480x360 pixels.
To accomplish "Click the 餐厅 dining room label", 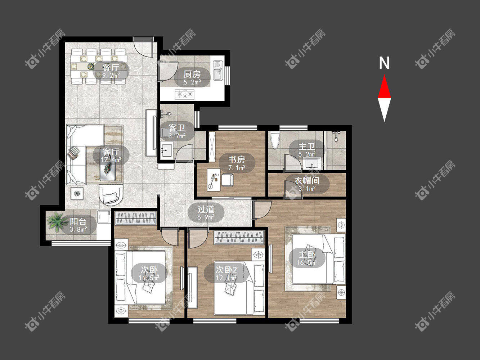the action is coord(111,68).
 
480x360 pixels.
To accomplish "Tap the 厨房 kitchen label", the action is coord(192,75).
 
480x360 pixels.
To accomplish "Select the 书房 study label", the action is coord(237,160).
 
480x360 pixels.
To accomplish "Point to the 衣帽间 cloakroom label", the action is coord(307,181).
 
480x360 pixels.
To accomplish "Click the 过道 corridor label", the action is coord(206,210).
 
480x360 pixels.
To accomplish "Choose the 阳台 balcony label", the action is coord(78,222).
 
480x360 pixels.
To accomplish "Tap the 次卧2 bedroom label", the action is coord(226,270).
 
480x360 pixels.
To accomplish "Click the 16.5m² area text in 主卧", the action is coord(307,262).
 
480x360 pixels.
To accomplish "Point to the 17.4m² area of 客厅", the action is coord(111,160).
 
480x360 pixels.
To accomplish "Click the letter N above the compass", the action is coord(384,63).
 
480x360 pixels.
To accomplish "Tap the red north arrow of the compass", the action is coord(384,86).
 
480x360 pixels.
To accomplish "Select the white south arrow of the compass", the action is coord(384,110).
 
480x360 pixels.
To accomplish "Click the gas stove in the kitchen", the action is coord(185,94).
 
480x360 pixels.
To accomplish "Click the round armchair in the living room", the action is coord(111,195).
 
